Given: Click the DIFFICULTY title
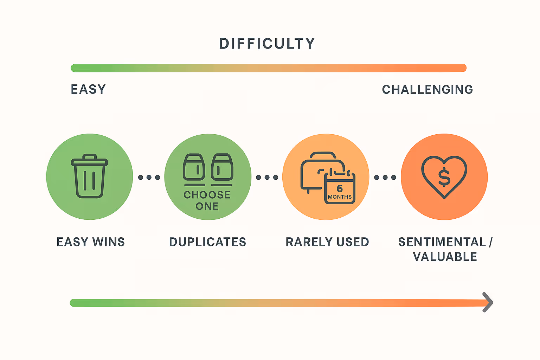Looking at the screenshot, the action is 267,44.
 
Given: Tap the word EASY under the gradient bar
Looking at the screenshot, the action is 88,89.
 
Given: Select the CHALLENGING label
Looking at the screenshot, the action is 427,90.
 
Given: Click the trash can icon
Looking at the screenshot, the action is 89,176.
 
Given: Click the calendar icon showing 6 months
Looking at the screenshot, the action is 340,188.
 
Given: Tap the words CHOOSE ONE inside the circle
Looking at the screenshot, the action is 207,200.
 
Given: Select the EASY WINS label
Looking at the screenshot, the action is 91,242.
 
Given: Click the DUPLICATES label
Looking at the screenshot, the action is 208,242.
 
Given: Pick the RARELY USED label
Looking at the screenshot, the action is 327,242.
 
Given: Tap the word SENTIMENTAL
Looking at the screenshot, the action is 442,242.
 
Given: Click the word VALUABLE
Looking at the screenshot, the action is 445,257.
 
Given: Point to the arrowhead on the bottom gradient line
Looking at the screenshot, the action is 488,302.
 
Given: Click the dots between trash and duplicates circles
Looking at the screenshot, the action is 149,177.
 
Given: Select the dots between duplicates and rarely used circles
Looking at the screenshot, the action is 267,177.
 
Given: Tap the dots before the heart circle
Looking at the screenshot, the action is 385,177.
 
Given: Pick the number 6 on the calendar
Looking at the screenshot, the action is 340,188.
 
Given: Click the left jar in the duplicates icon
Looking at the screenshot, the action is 194,167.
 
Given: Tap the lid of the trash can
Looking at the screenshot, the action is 89,161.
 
